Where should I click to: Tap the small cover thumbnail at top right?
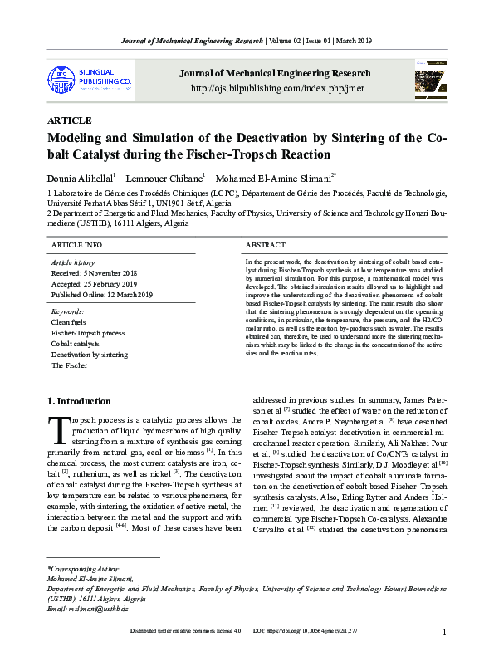pos(428,83)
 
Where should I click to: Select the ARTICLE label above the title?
pos(70,120)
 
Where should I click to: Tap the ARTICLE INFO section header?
pos(76,246)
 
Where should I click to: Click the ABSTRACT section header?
pos(266,246)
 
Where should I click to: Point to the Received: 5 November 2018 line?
pos(94,272)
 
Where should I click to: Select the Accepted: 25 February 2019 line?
pos(94,283)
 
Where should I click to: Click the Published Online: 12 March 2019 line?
pos(102,295)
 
